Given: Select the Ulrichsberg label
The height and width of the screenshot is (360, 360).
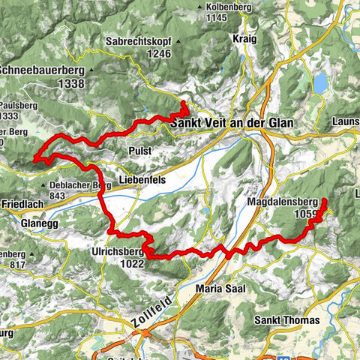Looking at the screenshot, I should click(117, 252).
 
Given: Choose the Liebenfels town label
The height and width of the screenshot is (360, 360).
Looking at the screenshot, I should click(142, 181).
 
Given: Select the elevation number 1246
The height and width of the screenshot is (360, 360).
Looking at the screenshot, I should click(160, 54).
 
